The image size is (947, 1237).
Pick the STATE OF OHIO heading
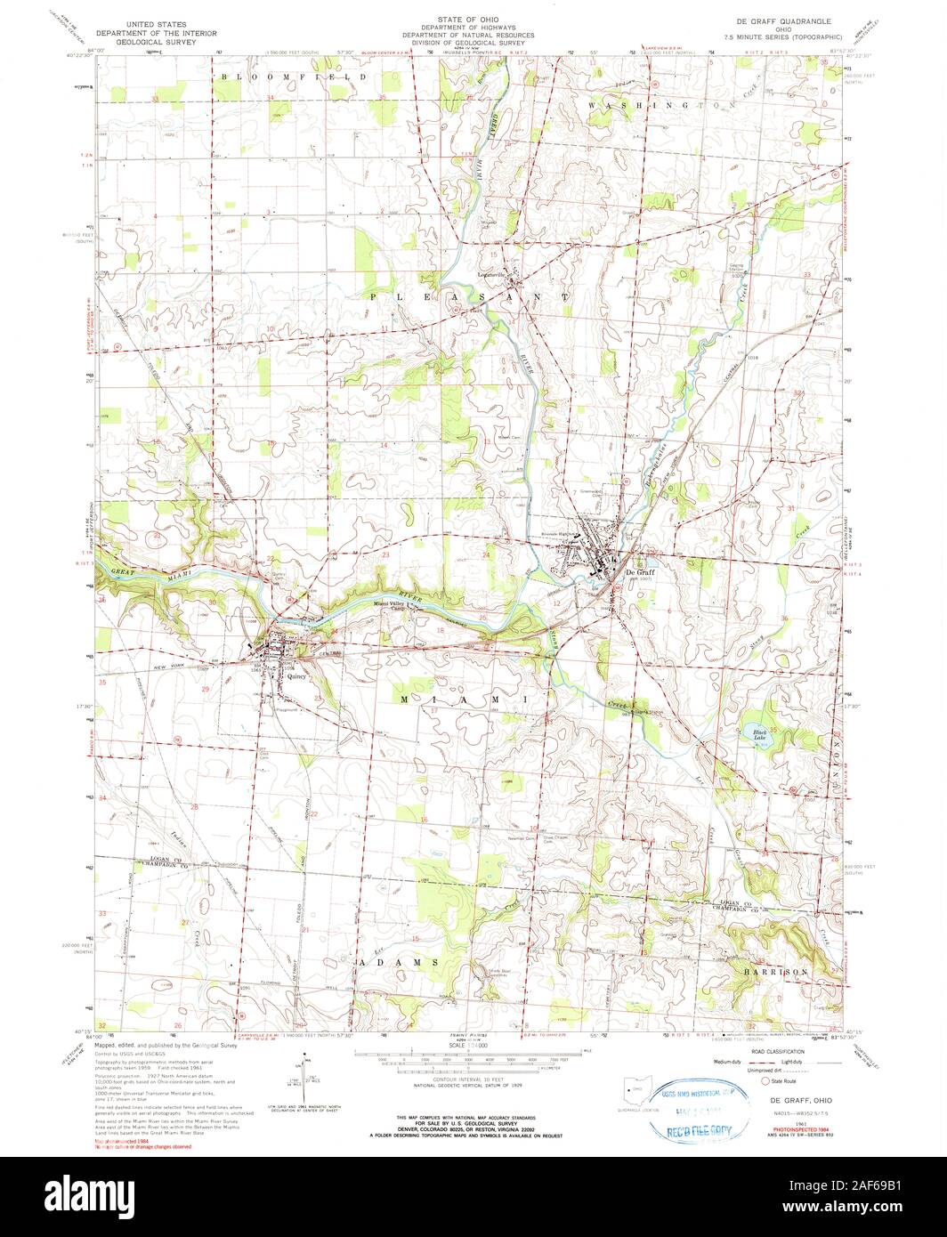(x=473, y=18)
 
